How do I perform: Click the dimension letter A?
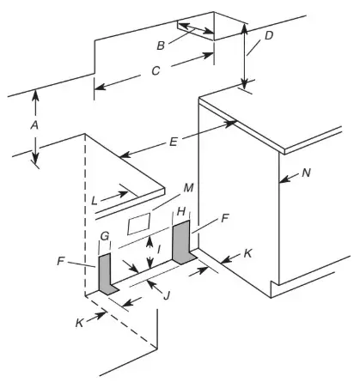[34, 124]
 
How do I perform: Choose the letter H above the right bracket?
[181, 211]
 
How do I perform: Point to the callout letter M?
[189, 188]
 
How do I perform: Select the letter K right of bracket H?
[247, 255]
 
